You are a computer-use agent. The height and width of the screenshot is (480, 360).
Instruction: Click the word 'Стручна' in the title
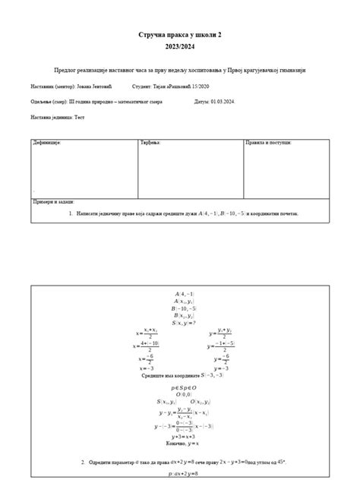coord(154,35)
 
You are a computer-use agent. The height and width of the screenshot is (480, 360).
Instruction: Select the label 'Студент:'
coord(144,87)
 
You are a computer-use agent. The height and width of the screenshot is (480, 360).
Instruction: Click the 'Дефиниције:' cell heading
coord(46,143)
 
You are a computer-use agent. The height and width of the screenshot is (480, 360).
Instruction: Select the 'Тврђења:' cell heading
coord(150,143)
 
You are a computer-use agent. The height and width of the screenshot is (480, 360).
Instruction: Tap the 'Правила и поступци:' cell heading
coord(269,143)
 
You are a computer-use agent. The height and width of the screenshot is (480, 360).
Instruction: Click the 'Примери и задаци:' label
coord(52,202)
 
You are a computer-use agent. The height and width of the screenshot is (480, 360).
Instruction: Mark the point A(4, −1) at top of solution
coord(185,293)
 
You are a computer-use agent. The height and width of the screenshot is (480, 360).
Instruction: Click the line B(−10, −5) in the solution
coord(185,308)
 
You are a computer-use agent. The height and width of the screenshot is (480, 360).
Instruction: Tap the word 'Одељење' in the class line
coord(42,101)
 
